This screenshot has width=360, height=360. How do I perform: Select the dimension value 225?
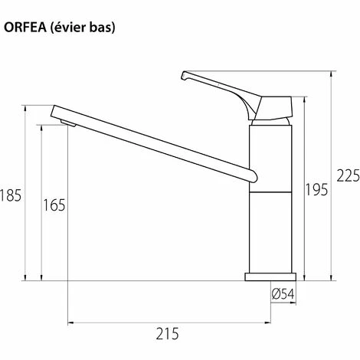[347, 176]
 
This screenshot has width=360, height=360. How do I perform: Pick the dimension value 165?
[54, 205]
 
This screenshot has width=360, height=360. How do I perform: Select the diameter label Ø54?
[283, 292]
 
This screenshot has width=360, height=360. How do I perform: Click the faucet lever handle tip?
[185, 75]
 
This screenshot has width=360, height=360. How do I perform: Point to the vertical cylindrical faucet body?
[270, 199]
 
